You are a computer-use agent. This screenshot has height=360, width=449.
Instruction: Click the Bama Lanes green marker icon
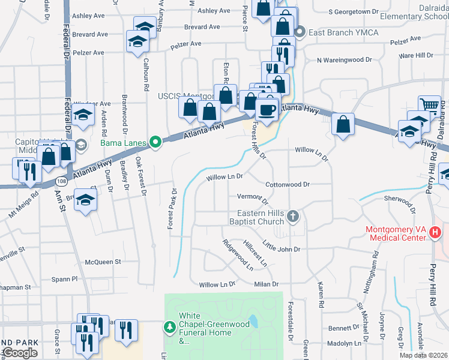coord(155,142)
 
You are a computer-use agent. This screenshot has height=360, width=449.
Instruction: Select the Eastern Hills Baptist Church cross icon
coord(292,217)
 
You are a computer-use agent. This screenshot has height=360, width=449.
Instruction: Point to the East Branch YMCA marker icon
coord(301,32)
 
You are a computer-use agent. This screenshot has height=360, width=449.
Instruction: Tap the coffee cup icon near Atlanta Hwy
coord(267,109)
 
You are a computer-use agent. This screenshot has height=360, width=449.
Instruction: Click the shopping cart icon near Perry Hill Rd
coord(429,104)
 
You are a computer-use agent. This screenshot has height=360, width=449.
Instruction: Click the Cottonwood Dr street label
coord(287,185)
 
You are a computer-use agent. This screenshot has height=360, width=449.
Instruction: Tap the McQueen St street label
coord(103,262)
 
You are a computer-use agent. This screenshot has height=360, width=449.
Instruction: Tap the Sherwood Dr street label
coord(401,204)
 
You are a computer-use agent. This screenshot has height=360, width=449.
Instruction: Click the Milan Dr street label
coord(267,284)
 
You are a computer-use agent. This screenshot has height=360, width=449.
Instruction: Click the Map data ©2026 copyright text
coord(423,355)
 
